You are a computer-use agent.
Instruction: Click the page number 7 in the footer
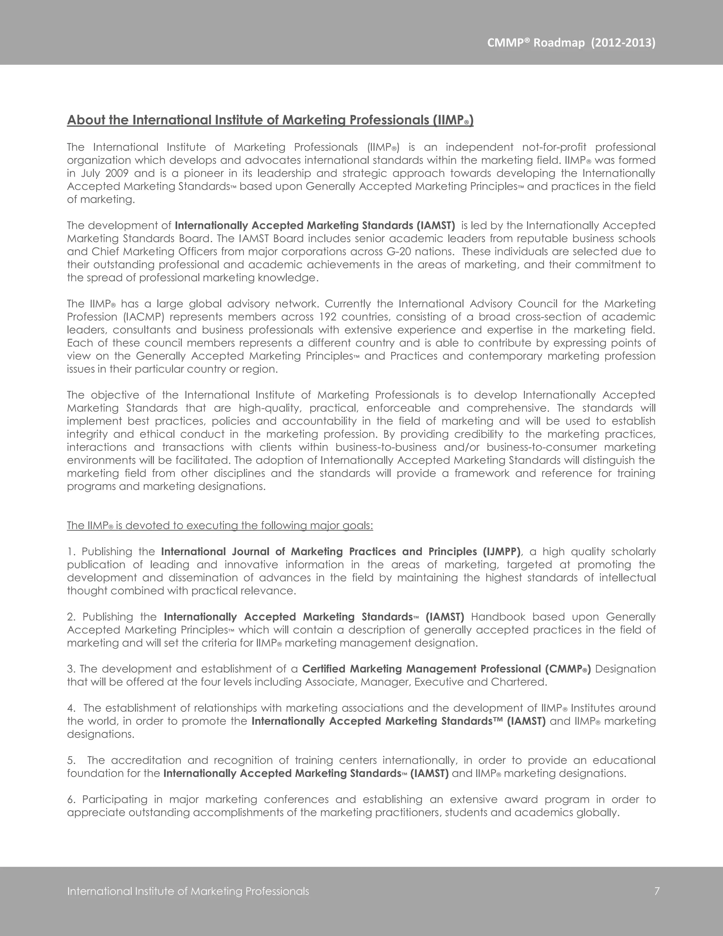pyautogui.click(x=657, y=891)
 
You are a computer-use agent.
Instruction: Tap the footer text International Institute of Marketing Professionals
pyautogui.click(x=188, y=891)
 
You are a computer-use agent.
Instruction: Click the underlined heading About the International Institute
pyautogui.click(x=270, y=120)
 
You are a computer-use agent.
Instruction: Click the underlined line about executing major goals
pyautogui.click(x=220, y=526)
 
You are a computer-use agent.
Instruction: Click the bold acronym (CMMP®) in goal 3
pyautogui.click(x=568, y=669)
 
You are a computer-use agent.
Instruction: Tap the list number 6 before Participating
pyautogui.click(x=71, y=799)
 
